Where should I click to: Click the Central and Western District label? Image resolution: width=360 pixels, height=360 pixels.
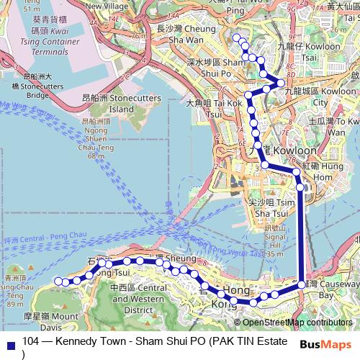138,300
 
